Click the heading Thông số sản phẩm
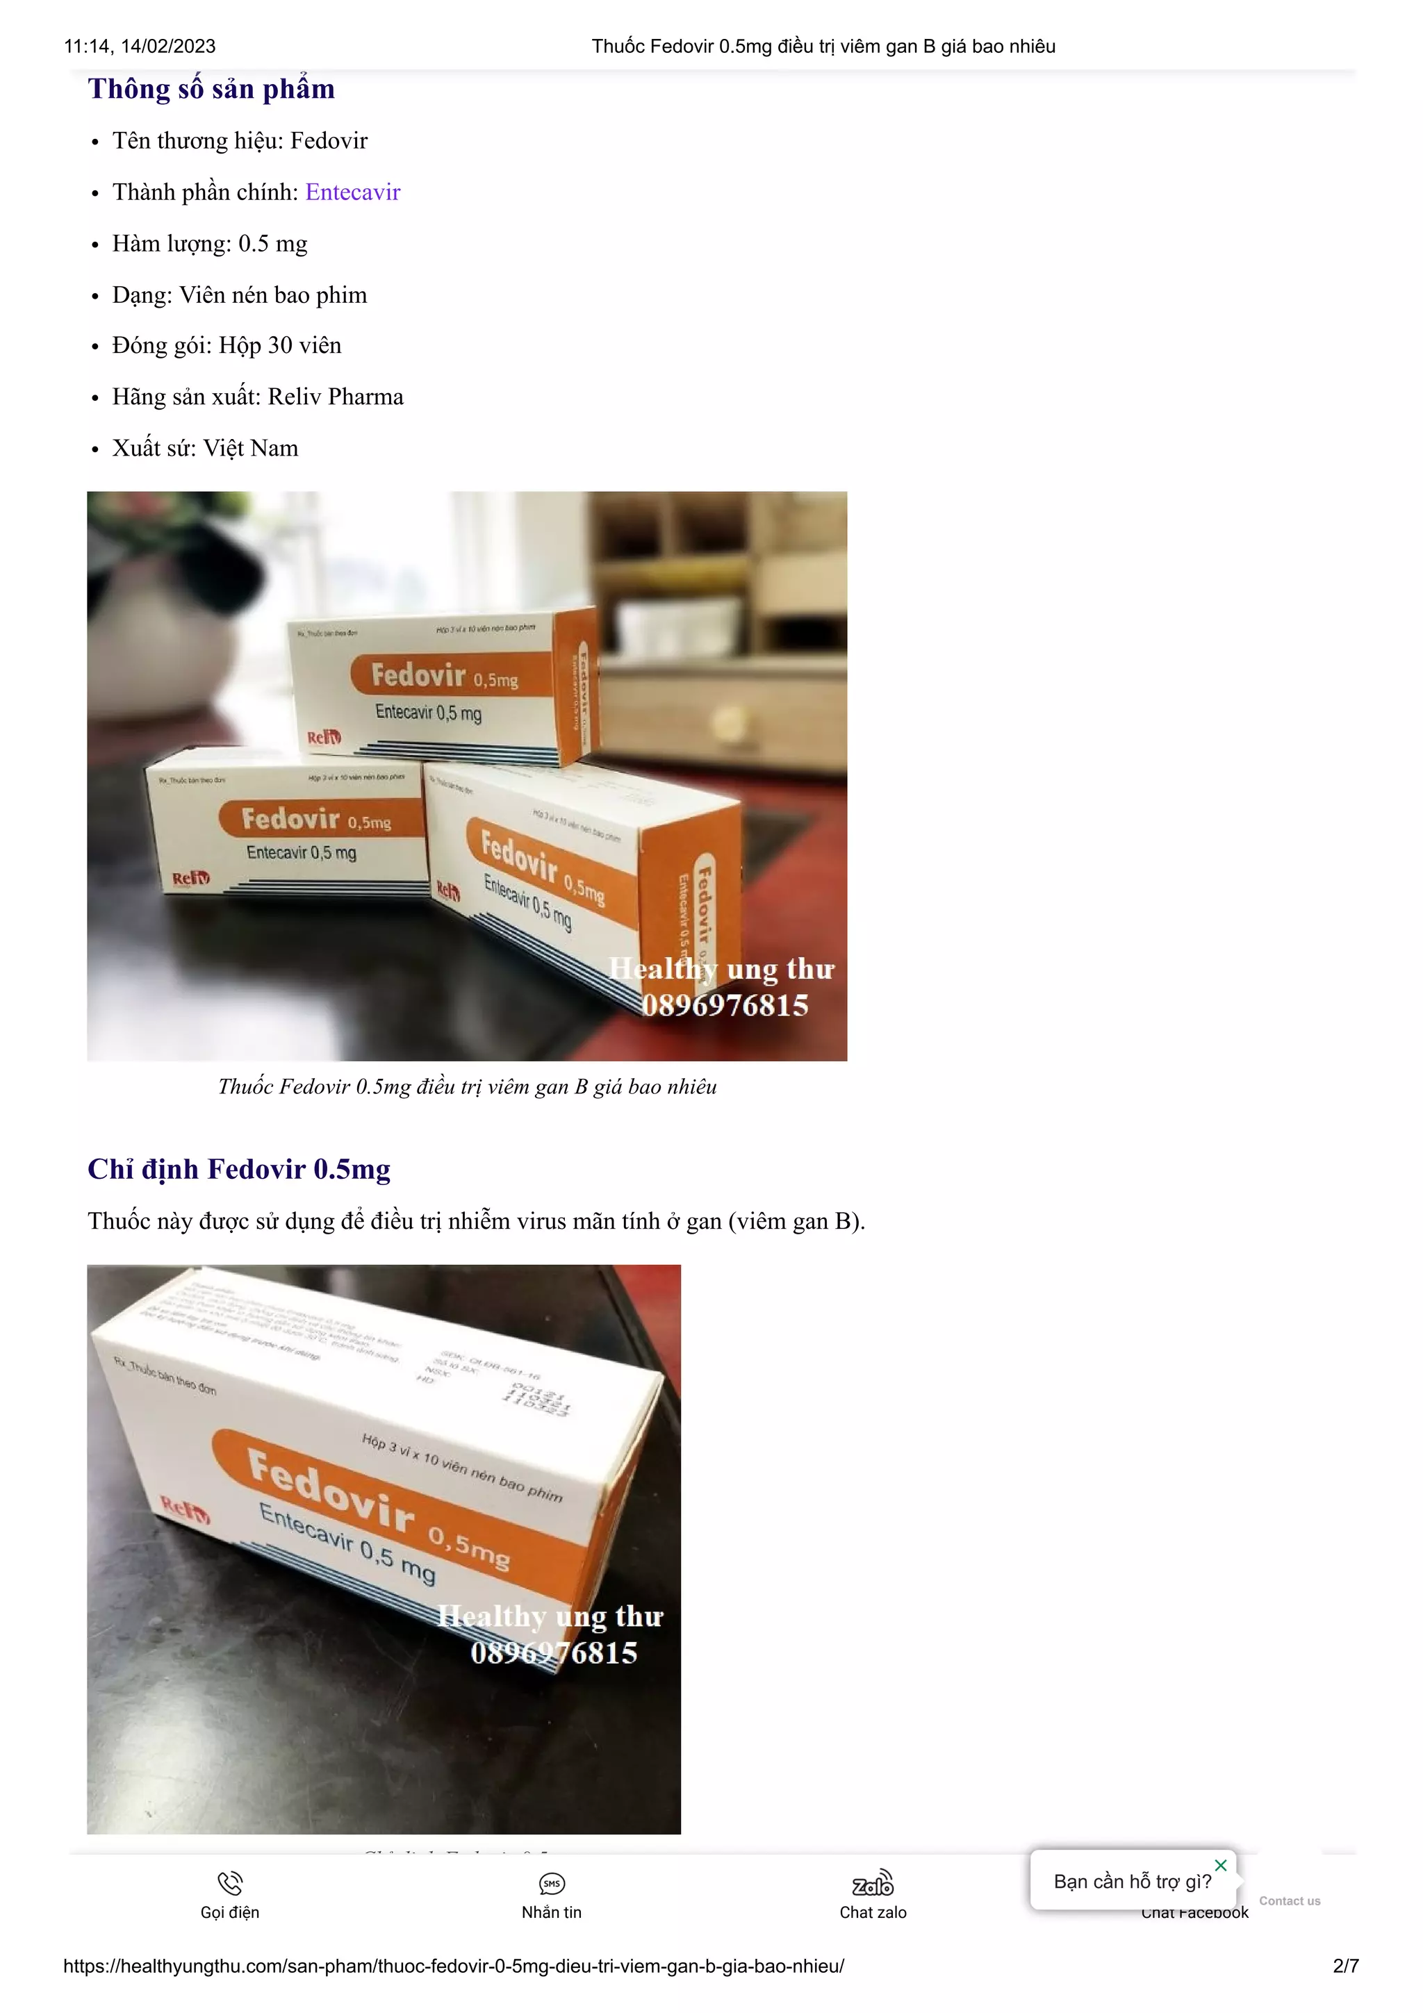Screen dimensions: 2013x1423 tap(211, 90)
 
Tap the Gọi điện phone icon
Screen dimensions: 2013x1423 tap(230, 1882)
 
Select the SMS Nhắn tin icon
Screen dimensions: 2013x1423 tap(552, 1883)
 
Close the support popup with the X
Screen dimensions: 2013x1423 tap(1221, 1865)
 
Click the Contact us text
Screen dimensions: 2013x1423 tap(1289, 1900)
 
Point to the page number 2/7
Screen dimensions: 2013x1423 tap(1345, 1966)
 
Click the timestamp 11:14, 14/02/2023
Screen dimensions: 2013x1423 tap(140, 47)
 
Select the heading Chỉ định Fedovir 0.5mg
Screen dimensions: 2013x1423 tap(238, 1170)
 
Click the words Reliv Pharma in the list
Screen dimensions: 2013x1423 tap(336, 397)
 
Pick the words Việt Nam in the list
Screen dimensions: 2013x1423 tap(251, 449)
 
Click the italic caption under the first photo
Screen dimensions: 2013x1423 tap(468, 1087)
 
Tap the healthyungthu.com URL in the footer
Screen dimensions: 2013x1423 tap(453, 1966)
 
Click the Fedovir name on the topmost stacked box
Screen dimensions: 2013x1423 tap(418, 675)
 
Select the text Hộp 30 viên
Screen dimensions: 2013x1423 tap(280, 345)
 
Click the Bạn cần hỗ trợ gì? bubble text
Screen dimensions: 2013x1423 tap(1132, 1882)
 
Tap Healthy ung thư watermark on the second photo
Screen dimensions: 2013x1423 tap(550, 1616)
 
